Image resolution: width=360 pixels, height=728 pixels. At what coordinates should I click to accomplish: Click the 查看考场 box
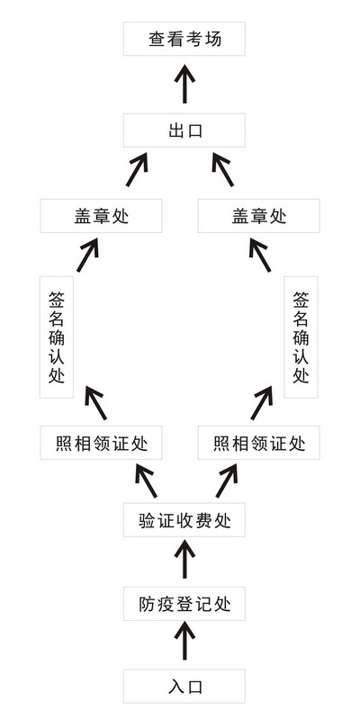[184, 39]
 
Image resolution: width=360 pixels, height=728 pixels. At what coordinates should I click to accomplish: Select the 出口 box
[184, 130]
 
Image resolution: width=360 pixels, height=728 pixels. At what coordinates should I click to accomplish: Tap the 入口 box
[184, 687]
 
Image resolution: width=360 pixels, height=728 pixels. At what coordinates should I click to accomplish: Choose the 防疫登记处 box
[184, 604]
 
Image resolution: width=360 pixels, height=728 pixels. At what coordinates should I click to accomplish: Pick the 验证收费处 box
[184, 520]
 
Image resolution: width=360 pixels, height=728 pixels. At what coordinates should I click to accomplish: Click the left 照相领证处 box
[102, 443]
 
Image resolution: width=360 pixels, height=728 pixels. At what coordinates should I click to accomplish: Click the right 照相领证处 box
[258, 443]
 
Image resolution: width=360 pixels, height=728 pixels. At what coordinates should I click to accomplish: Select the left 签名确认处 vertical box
[57, 337]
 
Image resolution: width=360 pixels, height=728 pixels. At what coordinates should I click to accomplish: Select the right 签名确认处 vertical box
[301, 337]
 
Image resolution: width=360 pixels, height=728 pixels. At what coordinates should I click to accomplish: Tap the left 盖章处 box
[102, 216]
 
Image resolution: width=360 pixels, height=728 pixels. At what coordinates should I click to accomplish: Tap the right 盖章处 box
[258, 216]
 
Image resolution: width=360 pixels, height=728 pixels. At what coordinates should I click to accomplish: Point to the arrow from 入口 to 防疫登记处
[184, 642]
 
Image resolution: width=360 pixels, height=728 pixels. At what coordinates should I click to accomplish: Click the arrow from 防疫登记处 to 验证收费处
[184, 559]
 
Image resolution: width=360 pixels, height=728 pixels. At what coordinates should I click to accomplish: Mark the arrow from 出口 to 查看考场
[184, 84]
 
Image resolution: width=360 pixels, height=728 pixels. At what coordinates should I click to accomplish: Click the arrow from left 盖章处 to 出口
[137, 169]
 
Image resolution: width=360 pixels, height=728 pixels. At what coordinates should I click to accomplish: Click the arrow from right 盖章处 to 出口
[222, 169]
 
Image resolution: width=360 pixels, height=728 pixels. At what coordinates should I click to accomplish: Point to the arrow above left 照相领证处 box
[95, 402]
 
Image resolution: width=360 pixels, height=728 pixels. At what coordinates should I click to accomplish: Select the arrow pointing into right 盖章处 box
[260, 255]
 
